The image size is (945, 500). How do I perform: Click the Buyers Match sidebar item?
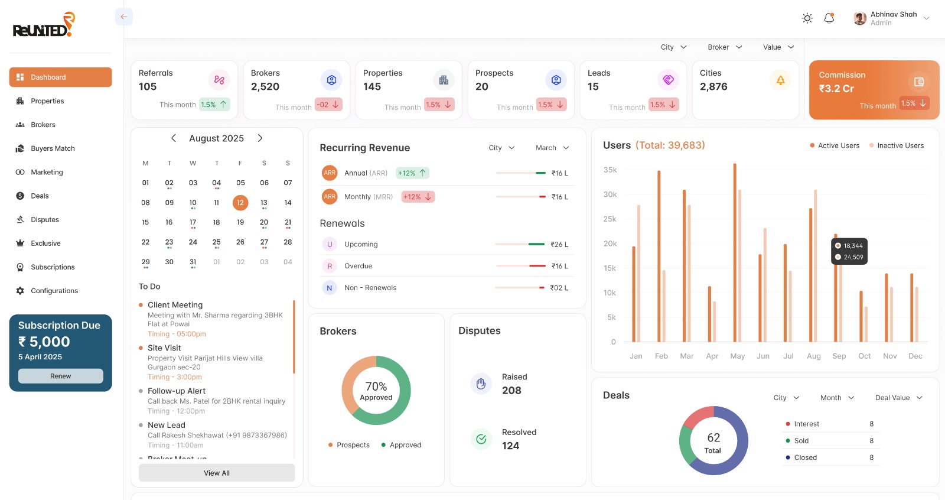pyautogui.click(x=53, y=148)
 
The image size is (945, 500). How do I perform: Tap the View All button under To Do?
pyautogui.click(x=217, y=473)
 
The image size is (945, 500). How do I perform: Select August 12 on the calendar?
pyautogui.click(x=240, y=203)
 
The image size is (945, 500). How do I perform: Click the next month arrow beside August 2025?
pyautogui.click(x=260, y=138)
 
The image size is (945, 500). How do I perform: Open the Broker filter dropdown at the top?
pyautogui.click(x=725, y=47)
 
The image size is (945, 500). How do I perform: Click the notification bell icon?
pyautogui.click(x=829, y=18)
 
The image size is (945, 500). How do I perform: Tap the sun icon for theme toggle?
pyautogui.click(x=807, y=18)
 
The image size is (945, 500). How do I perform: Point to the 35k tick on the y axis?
pyautogui.click(x=610, y=170)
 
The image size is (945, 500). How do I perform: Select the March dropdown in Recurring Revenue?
pyautogui.click(x=552, y=148)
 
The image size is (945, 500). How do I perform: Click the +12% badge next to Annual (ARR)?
pyautogui.click(x=412, y=173)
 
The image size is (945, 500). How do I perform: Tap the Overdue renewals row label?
pyautogui.click(x=359, y=266)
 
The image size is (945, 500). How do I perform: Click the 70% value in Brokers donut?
pyautogui.click(x=376, y=387)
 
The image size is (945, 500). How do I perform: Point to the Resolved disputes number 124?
pyautogui.click(x=511, y=446)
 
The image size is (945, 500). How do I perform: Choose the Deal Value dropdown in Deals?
pyautogui.click(x=898, y=398)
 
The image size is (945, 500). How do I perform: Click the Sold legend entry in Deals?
pyautogui.click(x=801, y=441)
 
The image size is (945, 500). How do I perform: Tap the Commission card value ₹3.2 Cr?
pyautogui.click(x=836, y=89)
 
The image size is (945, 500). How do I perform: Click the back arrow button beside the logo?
pyautogui.click(x=124, y=17)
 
